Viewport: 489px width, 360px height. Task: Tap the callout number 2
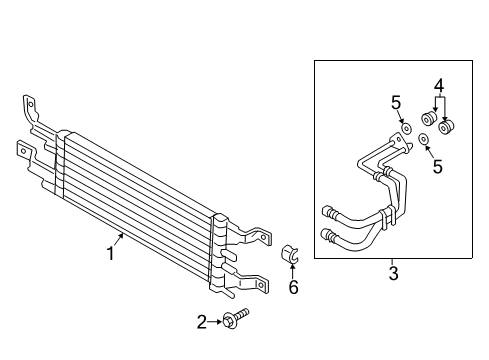201,321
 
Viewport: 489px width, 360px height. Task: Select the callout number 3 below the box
393,271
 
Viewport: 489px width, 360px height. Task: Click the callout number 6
293,287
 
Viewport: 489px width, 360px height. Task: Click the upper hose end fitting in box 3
328,210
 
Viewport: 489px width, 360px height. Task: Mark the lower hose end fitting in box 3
328,236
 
